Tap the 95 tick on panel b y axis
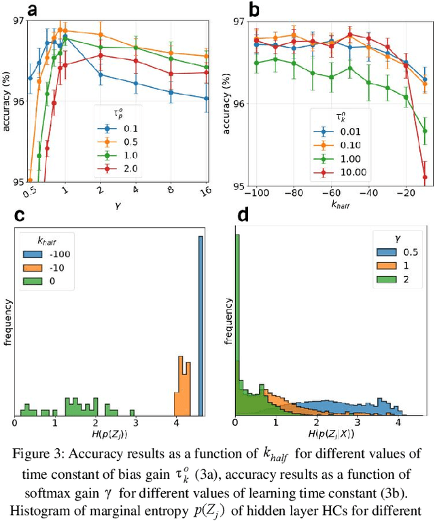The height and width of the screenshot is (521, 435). pos(235,185)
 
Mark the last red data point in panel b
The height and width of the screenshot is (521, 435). pos(425,178)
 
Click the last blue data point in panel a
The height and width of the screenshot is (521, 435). pos(206,98)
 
